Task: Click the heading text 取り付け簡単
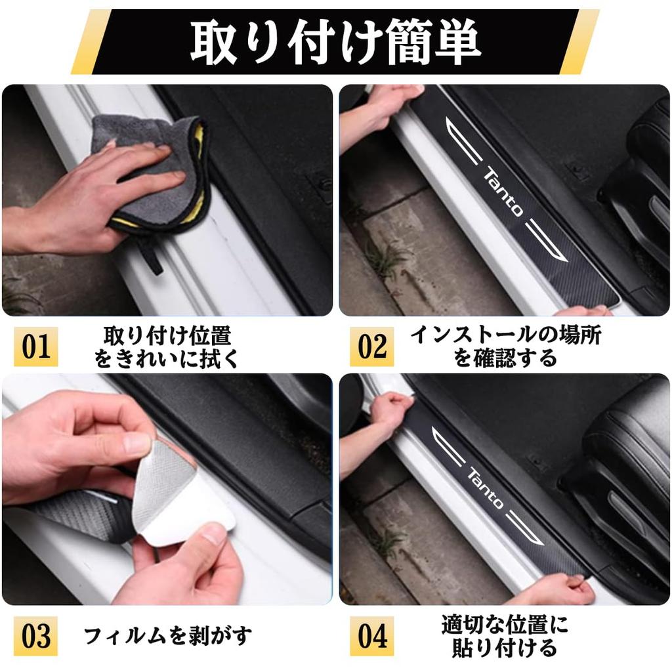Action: click(335, 41)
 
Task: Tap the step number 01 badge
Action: click(36, 346)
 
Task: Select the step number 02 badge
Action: click(372, 346)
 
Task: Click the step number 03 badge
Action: click(36, 636)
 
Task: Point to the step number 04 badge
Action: click(372, 636)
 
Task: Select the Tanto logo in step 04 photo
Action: click(486, 488)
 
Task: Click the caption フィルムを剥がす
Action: click(168, 636)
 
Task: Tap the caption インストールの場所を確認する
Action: click(505, 346)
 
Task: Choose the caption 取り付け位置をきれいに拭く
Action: click(167, 346)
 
